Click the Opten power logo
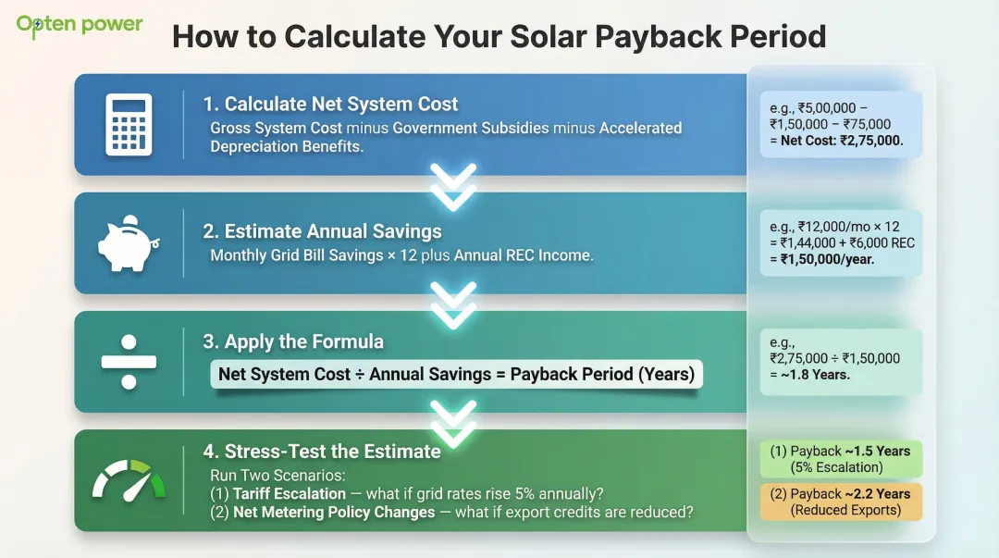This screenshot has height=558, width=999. click(x=80, y=24)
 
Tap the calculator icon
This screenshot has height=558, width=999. click(x=129, y=124)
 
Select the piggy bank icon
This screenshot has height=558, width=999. click(x=129, y=242)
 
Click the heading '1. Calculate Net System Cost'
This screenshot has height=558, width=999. click(x=330, y=104)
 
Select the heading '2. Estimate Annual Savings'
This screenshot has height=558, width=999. click(x=322, y=231)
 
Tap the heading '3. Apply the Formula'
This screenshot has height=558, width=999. click(x=293, y=341)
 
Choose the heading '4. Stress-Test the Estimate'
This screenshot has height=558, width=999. click(x=322, y=452)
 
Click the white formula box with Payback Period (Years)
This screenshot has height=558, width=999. click(x=456, y=375)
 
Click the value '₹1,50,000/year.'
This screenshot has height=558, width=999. click(x=828, y=260)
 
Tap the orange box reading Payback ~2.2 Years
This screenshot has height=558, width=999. click(x=840, y=502)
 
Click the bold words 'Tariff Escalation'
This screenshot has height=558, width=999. click(x=289, y=493)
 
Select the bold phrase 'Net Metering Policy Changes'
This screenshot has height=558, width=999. click(x=334, y=512)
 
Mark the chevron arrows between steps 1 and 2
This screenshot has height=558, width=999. click(x=453, y=186)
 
